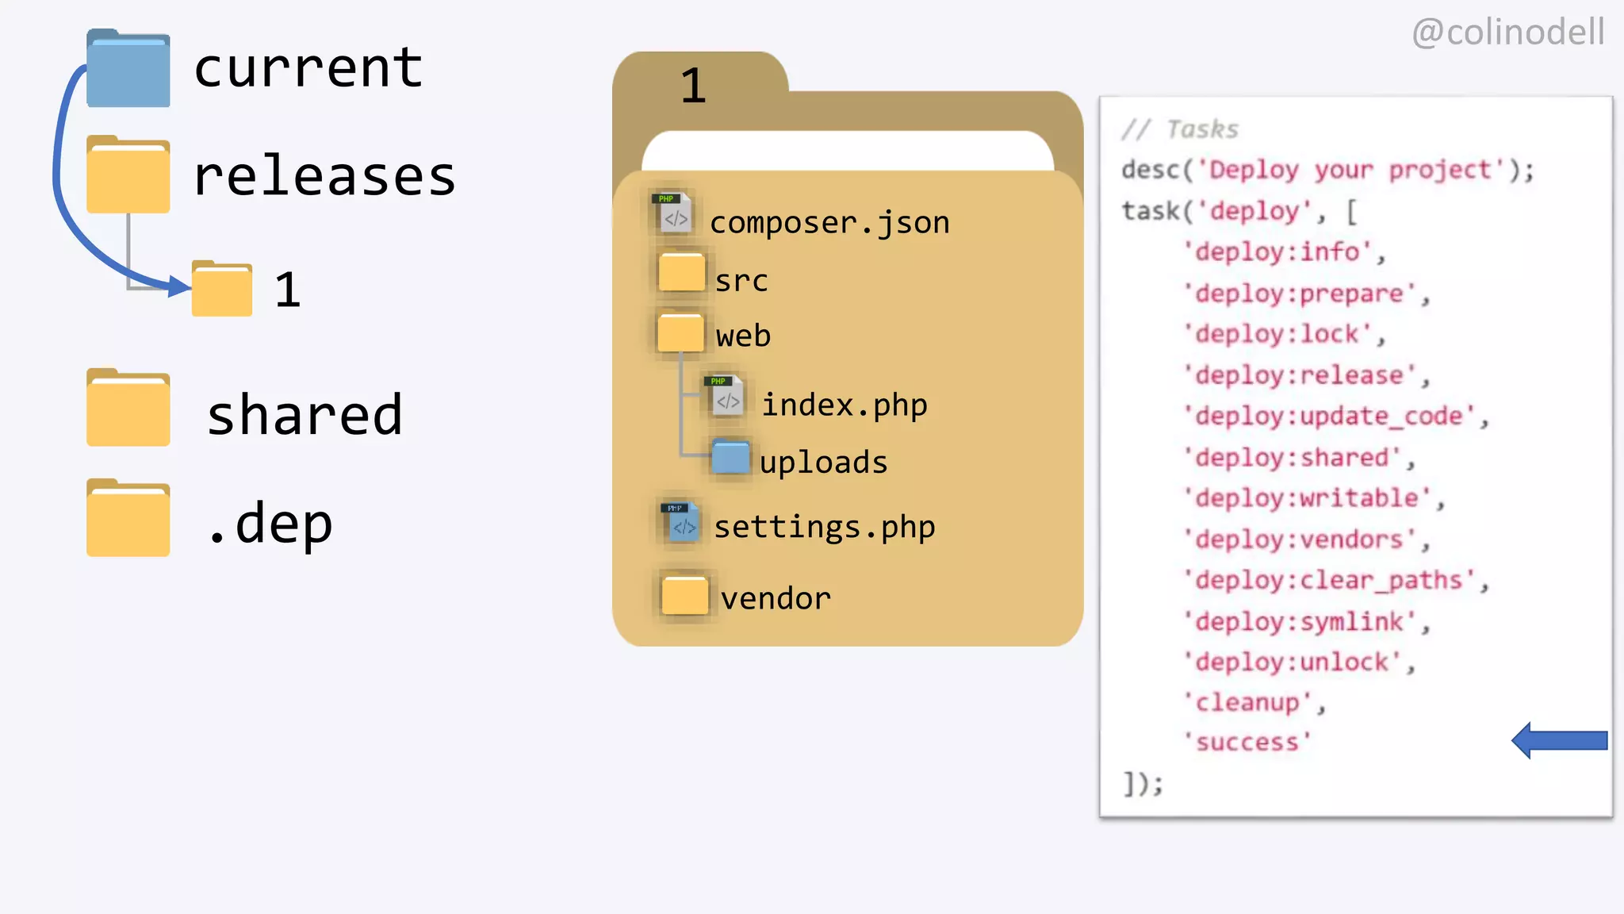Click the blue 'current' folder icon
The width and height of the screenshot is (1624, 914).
pyautogui.click(x=128, y=70)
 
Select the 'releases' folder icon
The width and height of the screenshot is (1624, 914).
pyautogui.click(x=128, y=175)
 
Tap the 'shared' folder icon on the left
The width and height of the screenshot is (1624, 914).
pyautogui.click(x=128, y=408)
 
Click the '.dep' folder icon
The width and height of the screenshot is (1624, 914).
pyautogui.click(x=128, y=518)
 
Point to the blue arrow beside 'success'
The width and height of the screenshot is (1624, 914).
pyautogui.click(x=1559, y=740)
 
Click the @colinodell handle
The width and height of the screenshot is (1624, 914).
pyautogui.click(x=1507, y=33)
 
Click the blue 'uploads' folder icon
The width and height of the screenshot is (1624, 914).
pyautogui.click(x=730, y=457)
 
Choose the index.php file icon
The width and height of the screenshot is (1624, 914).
pyautogui.click(x=724, y=397)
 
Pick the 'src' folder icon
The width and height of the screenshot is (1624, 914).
pyautogui.click(x=681, y=273)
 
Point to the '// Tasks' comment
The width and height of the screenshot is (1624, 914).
pyautogui.click(x=1180, y=129)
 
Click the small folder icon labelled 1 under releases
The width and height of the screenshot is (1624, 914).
pyautogui.click(x=222, y=290)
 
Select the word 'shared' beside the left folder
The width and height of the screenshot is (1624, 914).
pyautogui.click(x=305, y=414)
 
